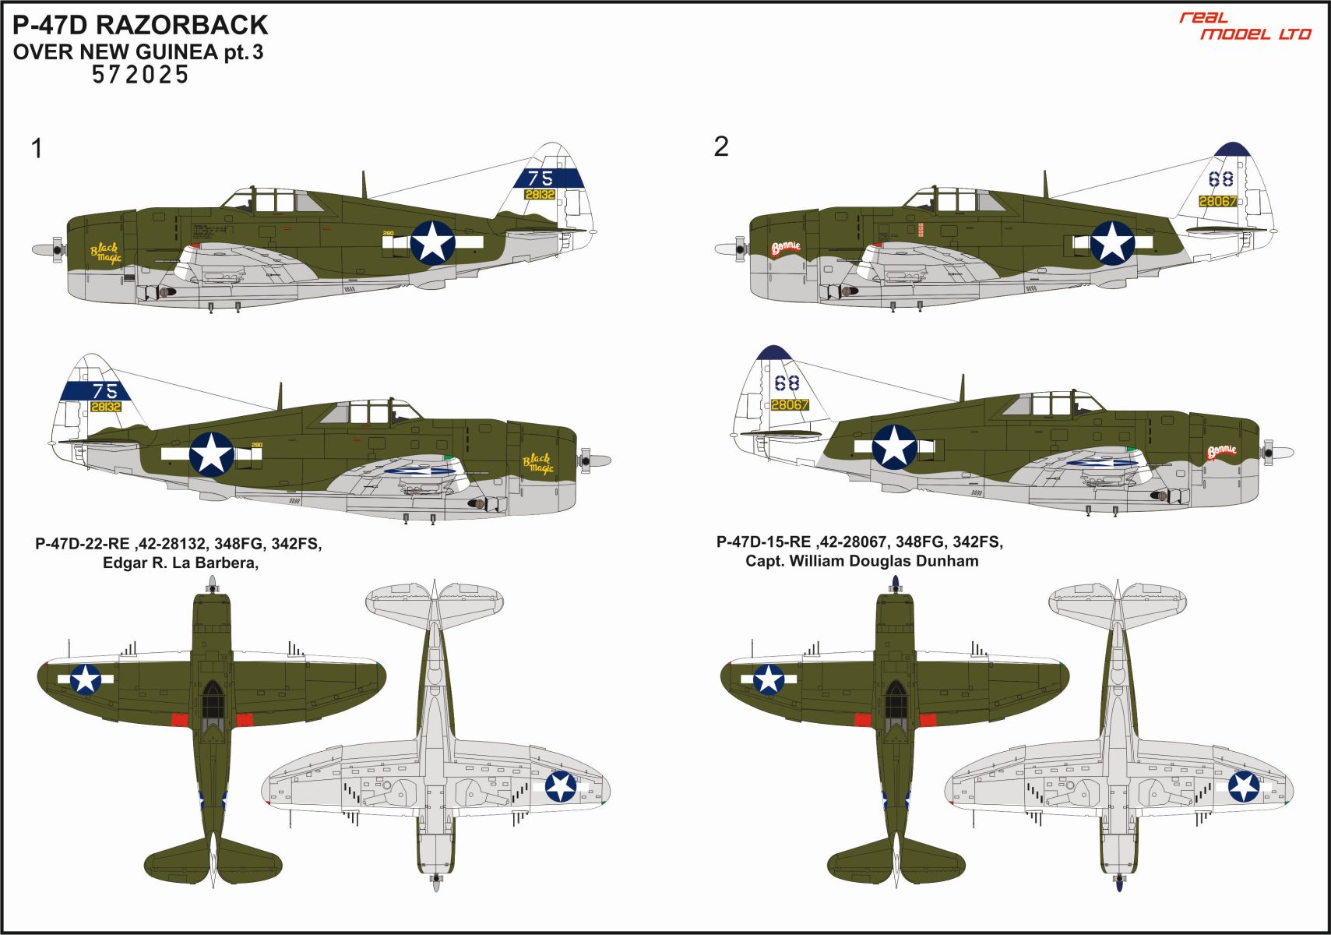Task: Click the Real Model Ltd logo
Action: point(1245,26)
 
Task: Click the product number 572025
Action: point(140,75)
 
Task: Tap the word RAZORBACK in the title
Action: point(181,25)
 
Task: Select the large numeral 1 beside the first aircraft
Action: point(37,148)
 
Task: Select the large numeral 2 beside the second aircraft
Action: point(721,146)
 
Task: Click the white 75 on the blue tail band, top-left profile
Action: point(540,178)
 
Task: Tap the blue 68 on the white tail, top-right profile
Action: point(1220,179)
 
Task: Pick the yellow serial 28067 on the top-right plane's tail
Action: point(1217,201)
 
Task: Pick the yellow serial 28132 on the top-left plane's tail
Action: point(540,195)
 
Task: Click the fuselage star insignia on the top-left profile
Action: point(432,242)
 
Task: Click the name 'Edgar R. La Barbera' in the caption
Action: point(180,563)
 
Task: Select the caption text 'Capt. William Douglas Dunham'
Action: point(861,561)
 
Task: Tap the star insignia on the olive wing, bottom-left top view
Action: point(86,679)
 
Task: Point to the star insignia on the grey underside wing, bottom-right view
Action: point(1244,786)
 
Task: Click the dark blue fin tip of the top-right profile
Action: point(1232,149)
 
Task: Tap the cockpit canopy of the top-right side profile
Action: point(958,200)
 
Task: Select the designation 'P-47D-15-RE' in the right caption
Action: point(763,542)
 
